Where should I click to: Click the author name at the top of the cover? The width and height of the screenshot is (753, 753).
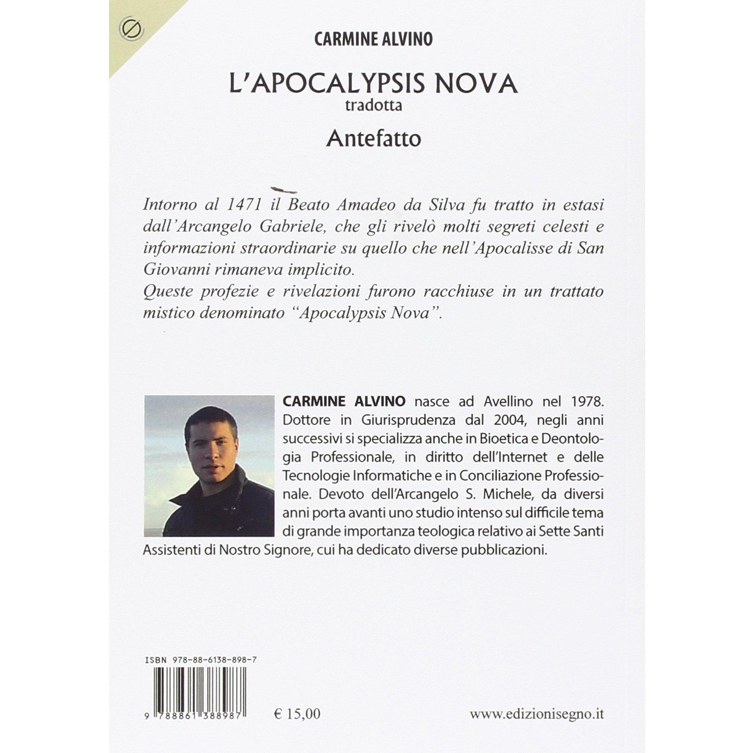click(x=373, y=40)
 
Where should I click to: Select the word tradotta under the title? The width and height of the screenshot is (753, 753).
click(x=373, y=106)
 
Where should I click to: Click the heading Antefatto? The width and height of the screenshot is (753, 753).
click(x=373, y=139)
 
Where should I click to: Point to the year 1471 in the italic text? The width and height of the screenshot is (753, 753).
click(x=244, y=205)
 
